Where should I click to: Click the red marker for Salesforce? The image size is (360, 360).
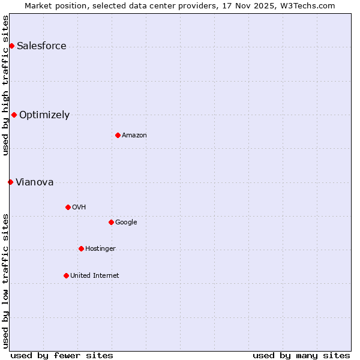(x=11, y=46)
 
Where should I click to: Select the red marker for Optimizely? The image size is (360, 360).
(x=14, y=115)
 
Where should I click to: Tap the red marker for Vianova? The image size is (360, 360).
(x=10, y=182)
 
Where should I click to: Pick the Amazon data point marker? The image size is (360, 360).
(x=118, y=135)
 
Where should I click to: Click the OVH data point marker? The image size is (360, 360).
(x=68, y=207)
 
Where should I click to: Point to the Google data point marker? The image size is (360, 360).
(x=111, y=222)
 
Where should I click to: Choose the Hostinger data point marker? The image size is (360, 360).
(x=81, y=248)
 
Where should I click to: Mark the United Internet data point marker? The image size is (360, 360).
(x=66, y=275)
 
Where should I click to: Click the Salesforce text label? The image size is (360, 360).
(x=41, y=46)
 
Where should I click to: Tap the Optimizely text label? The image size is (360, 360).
(x=44, y=115)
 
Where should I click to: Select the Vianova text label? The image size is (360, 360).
(x=34, y=182)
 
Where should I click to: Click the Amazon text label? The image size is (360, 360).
(x=134, y=136)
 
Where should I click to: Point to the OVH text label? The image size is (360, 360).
(x=79, y=208)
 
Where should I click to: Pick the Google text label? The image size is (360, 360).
(x=126, y=223)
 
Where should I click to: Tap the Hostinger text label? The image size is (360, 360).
(x=100, y=249)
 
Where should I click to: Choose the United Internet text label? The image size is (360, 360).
(x=94, y=276)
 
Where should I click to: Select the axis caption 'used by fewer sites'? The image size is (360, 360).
(x=62, y=355)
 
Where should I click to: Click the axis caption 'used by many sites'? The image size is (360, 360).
(x=301, y=355)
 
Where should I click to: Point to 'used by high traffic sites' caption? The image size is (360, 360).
(x=5, y=85)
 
